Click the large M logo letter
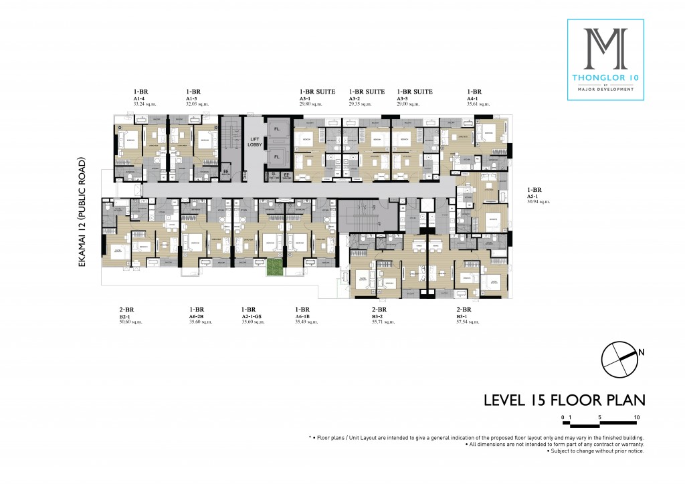pyautogui.click(x=605, y=47)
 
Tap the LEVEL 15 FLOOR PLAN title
pyautogui.click(x=564, y=400)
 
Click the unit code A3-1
pyautogui.click(x=306, y=98)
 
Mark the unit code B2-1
pyautogui.click(x=125, y=316)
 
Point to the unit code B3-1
pyautogui.click(x=463, y=316)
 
